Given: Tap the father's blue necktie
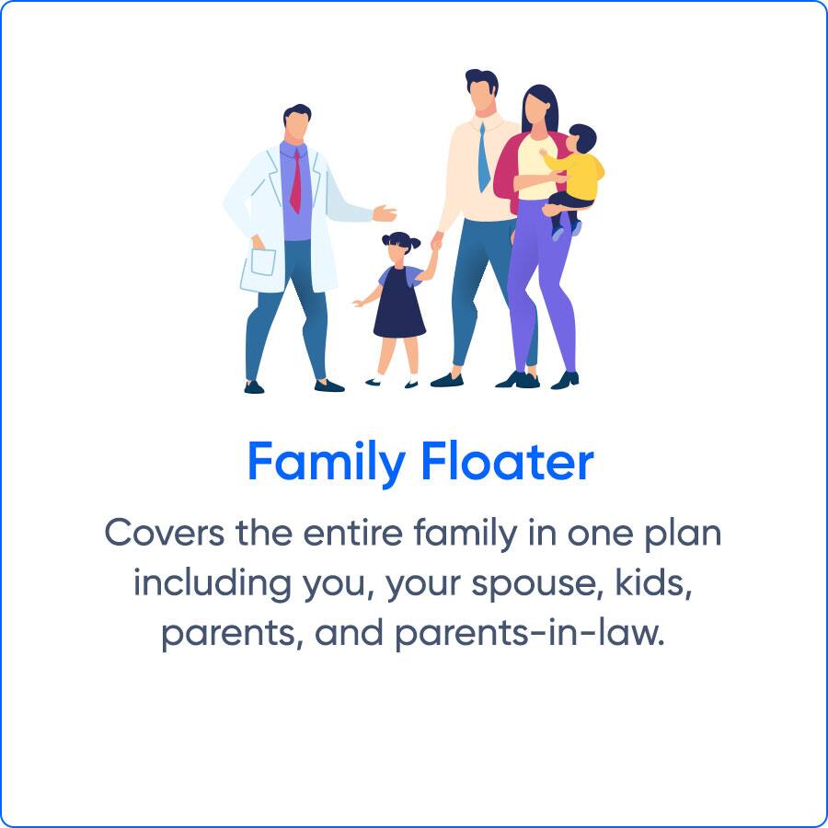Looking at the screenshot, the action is [484, 157].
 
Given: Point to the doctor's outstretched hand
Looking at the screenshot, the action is [385, 213].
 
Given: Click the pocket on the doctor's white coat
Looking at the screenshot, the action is [263, 261].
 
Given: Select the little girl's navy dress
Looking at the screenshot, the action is [399, 303].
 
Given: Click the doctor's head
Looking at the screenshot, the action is [297, 123].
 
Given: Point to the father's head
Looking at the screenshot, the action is [481, 90].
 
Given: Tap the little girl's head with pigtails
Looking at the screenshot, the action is [401, 246].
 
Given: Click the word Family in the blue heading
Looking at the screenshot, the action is [327, 462].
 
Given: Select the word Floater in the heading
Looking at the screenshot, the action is [508, 461].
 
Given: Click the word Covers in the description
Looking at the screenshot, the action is [165, 533].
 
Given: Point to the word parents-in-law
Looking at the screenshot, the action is [529, 633].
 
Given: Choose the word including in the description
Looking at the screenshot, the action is [212, 584].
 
